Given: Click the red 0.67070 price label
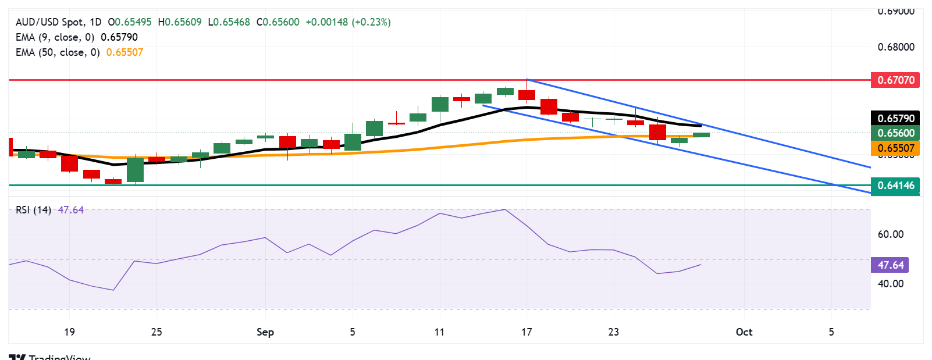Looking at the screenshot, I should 895,80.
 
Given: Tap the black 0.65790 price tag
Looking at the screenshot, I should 895,118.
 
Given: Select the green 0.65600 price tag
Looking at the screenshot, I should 895,133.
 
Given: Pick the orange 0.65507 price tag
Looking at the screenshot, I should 895,148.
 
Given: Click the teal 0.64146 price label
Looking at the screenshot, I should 895,186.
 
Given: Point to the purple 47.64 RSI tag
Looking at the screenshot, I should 890,265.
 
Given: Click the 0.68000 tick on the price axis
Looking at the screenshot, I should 896,47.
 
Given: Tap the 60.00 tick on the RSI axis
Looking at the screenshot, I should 890,234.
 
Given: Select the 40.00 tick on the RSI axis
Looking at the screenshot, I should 890,284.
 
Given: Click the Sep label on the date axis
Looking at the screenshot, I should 265,332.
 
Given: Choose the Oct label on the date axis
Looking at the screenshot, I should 744,332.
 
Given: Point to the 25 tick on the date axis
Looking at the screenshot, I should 156,332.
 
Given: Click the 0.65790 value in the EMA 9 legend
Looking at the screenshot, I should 119,37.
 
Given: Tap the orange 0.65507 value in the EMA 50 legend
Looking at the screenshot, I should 124,52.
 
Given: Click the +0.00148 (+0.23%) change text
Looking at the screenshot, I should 348,22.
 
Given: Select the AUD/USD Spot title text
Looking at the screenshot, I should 49,22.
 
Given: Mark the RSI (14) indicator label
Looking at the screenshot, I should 33,210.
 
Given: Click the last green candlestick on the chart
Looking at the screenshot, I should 701,135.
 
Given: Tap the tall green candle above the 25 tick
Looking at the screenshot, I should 135,170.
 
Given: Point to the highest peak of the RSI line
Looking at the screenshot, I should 504,209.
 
